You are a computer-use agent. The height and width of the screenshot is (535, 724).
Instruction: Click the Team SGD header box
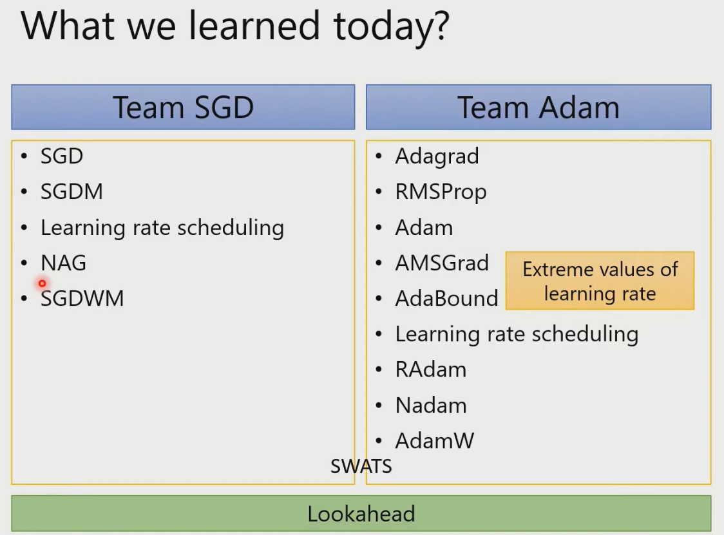click(x=184, y=107)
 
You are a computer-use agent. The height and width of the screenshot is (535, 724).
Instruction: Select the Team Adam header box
click(x=538, y=107)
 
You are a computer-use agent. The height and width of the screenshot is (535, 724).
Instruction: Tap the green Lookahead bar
click(x=361, y=513)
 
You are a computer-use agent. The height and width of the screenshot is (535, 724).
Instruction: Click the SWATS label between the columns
click(x=361, y=466)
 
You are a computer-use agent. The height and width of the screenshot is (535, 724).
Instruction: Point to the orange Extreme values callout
click(x=600, y=281)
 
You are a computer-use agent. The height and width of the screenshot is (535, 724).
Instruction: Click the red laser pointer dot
click(x=42, y=283)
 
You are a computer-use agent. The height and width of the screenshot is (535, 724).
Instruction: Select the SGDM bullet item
click(x=71, y=192)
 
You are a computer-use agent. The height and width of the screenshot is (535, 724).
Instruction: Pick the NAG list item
click(x=63, y=263)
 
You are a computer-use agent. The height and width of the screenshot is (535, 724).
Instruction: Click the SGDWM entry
click(x=82, y=299)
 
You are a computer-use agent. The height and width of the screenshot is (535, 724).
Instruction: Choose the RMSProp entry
click(x=441, y=192)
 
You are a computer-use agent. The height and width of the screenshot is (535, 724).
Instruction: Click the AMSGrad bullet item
click(x=442, y=263)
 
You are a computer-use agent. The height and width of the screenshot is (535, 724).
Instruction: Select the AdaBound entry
click(x=446, y=299)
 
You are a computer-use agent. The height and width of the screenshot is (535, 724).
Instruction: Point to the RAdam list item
click(x=431, y=370)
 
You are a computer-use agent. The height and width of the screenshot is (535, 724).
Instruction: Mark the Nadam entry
click(x=431, y=406)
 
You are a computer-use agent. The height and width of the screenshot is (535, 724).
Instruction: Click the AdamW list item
click(x=435, y=441)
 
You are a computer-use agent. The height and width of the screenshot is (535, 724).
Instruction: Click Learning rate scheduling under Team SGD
click(x=162, y=228)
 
